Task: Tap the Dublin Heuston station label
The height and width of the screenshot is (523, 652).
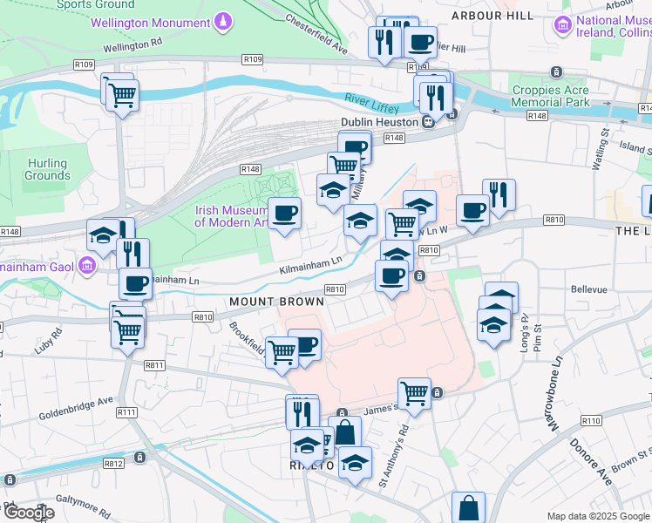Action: pos(379,122)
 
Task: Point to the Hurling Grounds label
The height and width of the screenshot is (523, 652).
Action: pos(47,169)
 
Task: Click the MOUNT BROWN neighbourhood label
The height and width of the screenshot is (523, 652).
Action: pos(276,302)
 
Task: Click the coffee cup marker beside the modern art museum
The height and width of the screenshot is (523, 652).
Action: pos(284,212)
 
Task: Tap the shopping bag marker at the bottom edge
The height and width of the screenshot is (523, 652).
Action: pos(468,506)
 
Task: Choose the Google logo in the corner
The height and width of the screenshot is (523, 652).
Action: pos(28,513)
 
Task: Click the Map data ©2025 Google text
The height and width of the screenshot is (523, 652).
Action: pos(597,516)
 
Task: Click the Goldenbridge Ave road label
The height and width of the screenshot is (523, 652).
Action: pos(77,406)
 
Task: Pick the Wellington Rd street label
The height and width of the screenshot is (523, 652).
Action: pos(132,42)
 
